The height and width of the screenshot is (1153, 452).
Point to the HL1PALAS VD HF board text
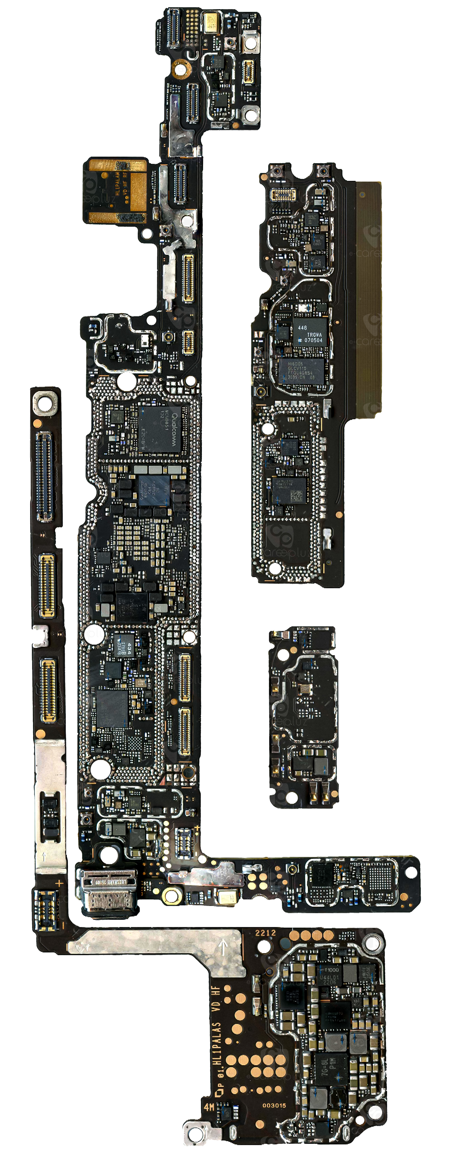pos(217,1043)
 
